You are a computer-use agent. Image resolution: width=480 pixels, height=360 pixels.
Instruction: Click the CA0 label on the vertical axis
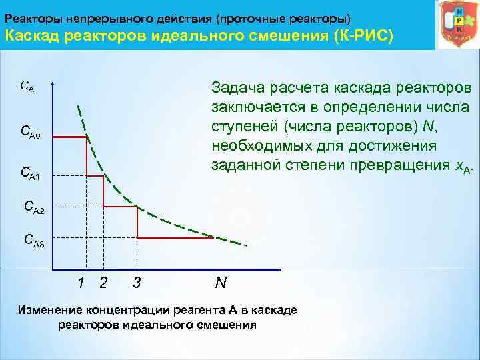(x=31, y=133)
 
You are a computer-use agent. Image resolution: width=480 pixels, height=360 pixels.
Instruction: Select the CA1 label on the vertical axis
(x=30, y=174)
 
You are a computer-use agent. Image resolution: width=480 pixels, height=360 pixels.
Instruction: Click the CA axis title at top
(x=27, y=86)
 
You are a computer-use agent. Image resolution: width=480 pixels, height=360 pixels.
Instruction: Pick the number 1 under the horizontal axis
(x=81, y=283)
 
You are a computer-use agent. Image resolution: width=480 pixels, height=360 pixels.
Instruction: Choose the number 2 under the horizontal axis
(x=103, y=283)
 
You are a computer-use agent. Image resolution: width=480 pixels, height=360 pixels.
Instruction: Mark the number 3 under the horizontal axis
(x=136, y=283)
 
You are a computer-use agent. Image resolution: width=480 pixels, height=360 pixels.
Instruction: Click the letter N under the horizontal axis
(x=221, y=283)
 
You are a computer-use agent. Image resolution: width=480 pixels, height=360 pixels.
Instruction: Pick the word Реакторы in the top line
(x=33, y=15)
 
